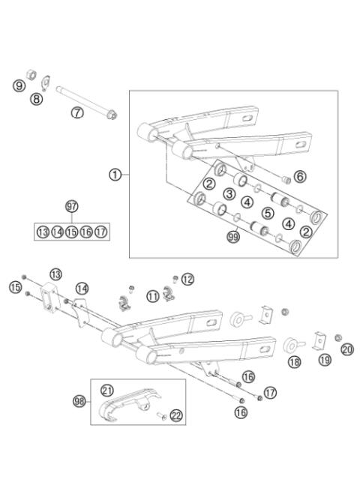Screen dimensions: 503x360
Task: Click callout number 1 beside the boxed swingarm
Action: pos(115,174)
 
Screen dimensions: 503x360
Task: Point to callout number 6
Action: pos(299,177)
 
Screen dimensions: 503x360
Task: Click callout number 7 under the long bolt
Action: pos(76,112)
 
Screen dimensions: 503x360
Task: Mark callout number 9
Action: pos(19,86)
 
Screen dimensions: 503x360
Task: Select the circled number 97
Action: pos(71,206)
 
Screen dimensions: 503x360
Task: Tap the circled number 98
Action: pos(79,402)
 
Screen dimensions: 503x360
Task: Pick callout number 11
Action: pos(152,295)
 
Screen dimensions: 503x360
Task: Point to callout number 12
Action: pos(187,279)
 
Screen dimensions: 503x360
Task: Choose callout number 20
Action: pos(346,349)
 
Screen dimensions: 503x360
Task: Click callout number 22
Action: pos(177,416)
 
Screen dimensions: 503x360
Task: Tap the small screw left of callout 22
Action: pos(160,413)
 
